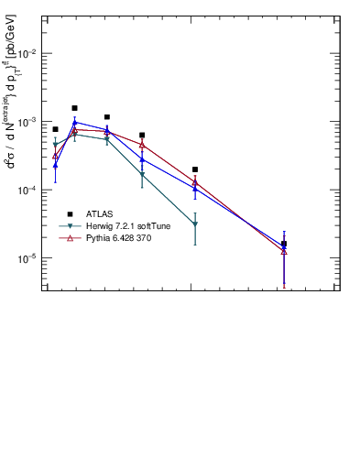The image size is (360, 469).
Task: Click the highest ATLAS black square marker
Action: coord(75,108)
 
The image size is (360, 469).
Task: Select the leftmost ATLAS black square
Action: coord(55,129)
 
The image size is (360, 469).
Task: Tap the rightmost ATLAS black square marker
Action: coord(284,244)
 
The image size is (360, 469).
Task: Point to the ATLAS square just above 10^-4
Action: coord(195,169)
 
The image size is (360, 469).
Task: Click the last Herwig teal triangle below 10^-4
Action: coord(195,224)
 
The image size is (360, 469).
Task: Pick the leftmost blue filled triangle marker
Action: coord(55,166)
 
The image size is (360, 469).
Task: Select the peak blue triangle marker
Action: coord(75,122)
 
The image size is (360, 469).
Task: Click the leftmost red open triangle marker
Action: coord(55,156)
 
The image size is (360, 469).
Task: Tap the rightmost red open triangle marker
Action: coord(284,251)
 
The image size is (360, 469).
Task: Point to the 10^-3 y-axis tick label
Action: coord(26,122)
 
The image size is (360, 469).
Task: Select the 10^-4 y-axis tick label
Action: coord(26,191)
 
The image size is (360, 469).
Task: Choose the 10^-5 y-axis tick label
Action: coord(26,258)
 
